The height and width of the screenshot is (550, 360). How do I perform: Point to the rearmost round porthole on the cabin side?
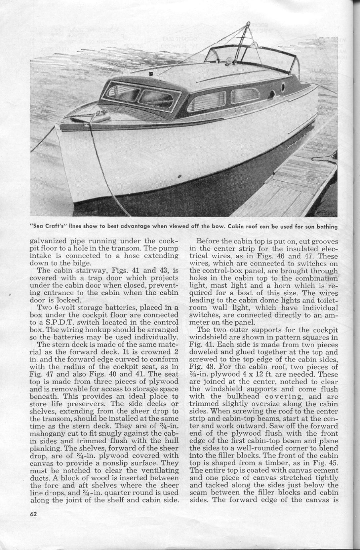283,88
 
